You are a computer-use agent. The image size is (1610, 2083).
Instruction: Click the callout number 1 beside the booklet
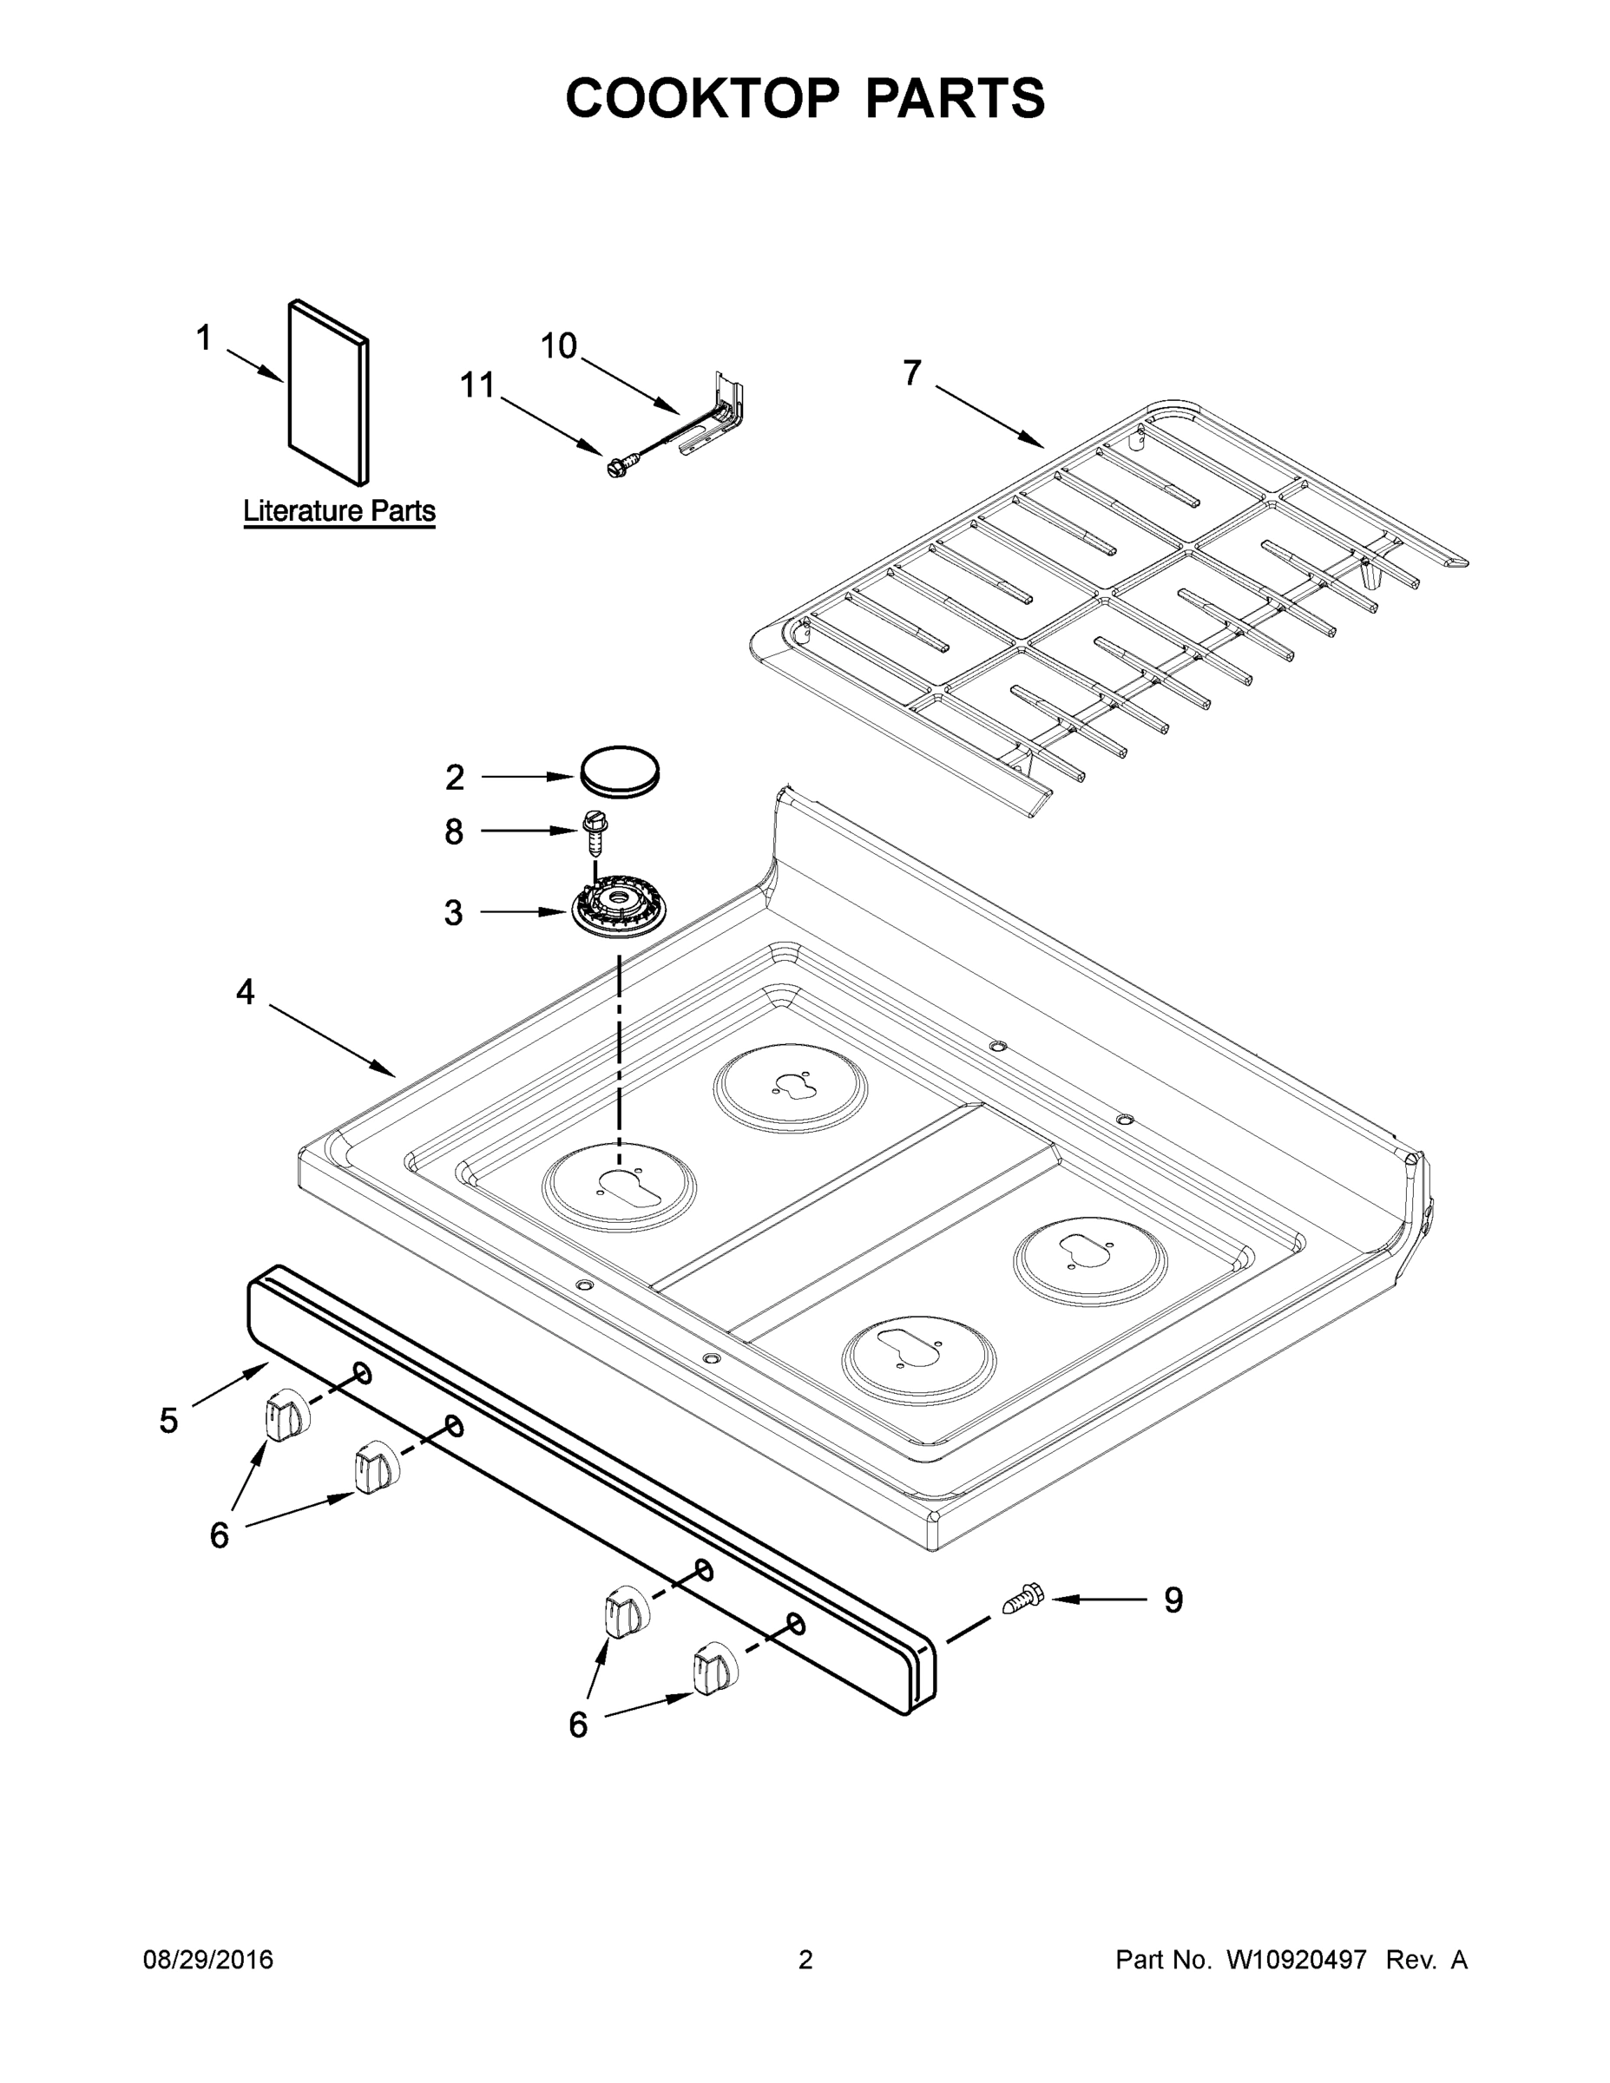click(203, 338)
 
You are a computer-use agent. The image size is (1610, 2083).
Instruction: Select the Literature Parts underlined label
click(338, 511)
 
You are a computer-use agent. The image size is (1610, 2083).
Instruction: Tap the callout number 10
click(558, 346)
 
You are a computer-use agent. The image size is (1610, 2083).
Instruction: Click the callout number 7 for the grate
click(912, 373)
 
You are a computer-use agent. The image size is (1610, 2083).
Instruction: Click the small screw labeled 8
click(595, 831)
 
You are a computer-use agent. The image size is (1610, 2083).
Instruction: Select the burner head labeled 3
click(618, 910)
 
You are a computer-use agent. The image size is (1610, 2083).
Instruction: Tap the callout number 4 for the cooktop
click(245, 993)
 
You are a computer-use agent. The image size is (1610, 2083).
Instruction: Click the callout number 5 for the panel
click(169, 1420)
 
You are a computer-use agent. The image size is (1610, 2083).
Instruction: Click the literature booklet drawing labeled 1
click(328, 393)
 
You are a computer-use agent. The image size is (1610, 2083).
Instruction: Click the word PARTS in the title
click(954, 98)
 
